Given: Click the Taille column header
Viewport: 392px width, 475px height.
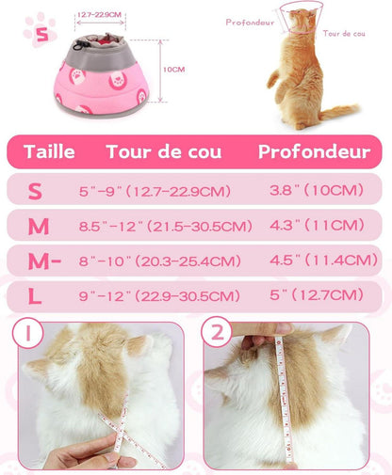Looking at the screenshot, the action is [x=49, y=151].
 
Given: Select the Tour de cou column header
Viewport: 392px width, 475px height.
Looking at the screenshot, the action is [x=164, y=151].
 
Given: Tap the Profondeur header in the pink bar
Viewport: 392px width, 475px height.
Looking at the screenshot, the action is [x=314, y=151].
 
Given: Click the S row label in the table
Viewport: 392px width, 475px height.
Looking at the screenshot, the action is [x=35, y=191].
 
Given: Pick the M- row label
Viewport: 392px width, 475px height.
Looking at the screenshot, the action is [x=44, y=261].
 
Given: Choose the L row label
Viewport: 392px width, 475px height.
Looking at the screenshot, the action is [x=35, y=296].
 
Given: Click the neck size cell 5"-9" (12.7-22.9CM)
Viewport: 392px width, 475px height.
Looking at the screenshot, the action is [x=155, y=191].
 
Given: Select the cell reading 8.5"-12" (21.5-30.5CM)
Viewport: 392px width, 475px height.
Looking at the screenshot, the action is [x=166, y=226].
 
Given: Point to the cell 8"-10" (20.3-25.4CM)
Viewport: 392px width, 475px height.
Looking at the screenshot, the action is [x=160, y=261].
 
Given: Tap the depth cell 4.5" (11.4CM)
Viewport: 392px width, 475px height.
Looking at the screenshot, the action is [x=323, y=260].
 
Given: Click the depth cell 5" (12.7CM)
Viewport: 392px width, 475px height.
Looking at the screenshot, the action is [x=317, y=294].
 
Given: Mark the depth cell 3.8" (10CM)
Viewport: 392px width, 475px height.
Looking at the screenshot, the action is [x=317, y=190].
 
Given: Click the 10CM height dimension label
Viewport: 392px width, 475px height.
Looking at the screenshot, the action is [x=173, y=70].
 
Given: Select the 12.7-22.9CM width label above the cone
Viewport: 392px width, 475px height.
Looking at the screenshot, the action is [x=99, y=15].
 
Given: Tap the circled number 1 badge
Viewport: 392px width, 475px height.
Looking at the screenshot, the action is [x=28, y=333].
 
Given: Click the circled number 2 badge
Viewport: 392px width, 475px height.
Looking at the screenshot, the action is [x=217, y=332].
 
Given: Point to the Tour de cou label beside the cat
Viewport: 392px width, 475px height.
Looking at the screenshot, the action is [x=344, y=34].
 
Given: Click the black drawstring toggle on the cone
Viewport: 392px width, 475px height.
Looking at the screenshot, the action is [x=77, y=45].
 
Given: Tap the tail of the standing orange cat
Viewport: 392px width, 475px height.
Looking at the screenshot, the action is [x=339, y=112].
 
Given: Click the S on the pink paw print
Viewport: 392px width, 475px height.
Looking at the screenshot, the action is [x=42, y=35].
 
